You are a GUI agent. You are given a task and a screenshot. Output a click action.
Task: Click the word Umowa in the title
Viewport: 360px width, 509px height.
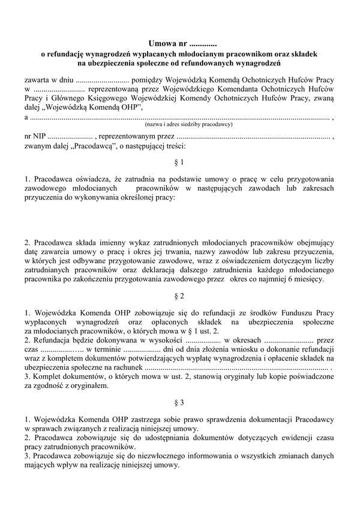[163, 43]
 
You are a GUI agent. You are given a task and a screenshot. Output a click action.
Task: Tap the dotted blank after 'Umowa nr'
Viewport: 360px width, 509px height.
[202, 44]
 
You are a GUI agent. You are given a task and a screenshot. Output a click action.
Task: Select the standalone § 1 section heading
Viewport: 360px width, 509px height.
[179, 162]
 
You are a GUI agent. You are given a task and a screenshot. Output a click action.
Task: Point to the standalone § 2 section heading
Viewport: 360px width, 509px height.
[179, 296]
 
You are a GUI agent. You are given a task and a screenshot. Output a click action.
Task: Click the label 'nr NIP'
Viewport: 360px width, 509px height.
[35, 137]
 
